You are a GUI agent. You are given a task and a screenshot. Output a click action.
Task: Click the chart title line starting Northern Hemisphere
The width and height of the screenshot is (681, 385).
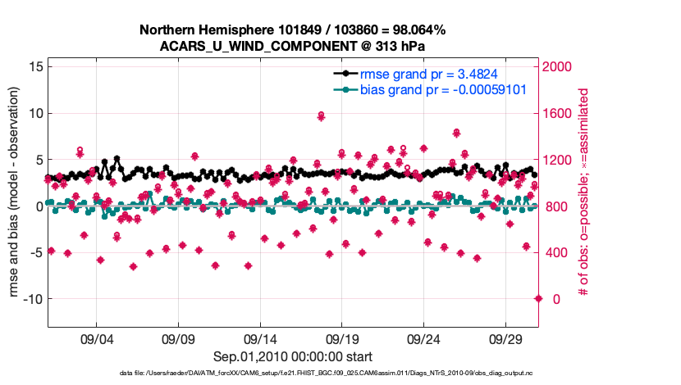[293, 30]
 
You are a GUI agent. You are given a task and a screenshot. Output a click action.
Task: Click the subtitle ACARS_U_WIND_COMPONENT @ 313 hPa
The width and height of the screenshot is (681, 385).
[293, 46]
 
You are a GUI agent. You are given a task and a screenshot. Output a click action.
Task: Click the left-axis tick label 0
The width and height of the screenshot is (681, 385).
[37, 206]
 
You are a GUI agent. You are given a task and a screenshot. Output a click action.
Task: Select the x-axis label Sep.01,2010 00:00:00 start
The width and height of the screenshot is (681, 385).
[293, 356]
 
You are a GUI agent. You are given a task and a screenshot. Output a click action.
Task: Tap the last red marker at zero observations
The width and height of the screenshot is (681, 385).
[538, 298]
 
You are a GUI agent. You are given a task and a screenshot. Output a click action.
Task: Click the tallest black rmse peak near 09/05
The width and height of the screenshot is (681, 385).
[117, 159]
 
